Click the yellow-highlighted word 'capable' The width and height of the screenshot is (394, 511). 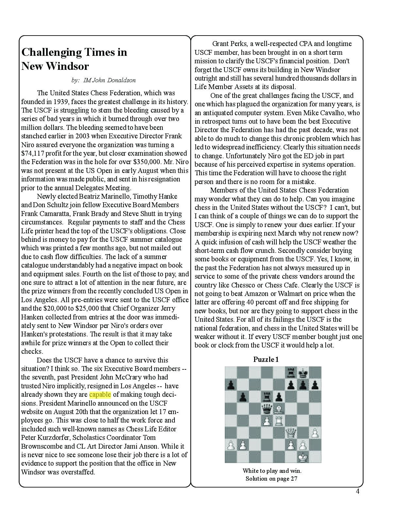click(x=100, y=395)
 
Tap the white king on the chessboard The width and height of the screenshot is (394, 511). click(x=304, y=457)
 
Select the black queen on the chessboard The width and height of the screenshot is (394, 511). click(x=267, y=409)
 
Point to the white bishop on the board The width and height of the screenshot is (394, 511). click(x=279, y=409)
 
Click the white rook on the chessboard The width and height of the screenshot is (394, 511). click(x=279, y=421)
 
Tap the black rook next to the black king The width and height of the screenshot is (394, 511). click(x=291, y=372)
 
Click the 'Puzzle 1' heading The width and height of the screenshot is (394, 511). click(x=266, y=360)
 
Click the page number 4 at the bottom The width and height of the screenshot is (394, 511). click(x=357, y=491)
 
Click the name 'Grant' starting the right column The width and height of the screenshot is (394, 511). click(x=221, y=44)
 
